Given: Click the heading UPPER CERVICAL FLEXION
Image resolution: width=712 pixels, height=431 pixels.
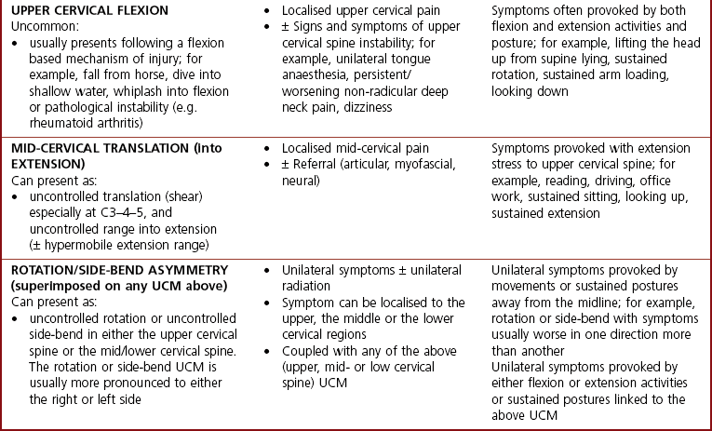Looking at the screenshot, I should [x=90, y=10].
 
